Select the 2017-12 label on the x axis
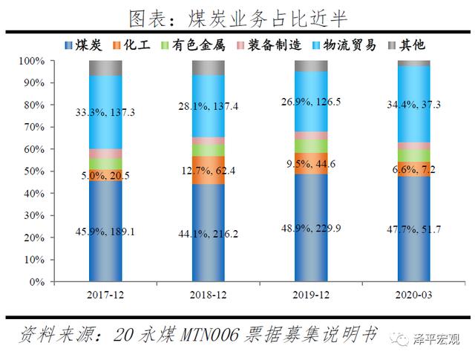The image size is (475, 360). (105, 295)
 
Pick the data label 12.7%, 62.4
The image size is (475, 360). (208, 169)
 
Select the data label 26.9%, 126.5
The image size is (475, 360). (311, 101)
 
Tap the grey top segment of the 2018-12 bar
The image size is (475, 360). (208, 68)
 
